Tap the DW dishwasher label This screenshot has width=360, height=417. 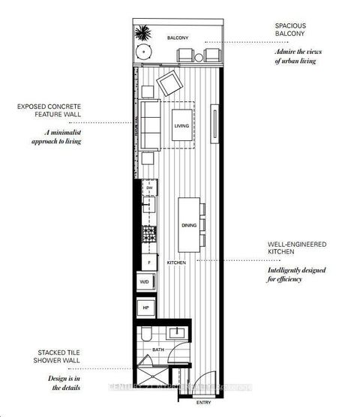[x=150, y=188]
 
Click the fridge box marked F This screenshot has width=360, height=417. [x=149, y=262]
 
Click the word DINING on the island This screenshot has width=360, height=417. [x=189, y=225]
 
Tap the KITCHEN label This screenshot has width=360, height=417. [x=176, y=262]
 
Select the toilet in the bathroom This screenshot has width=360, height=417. [x=147, y=333]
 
